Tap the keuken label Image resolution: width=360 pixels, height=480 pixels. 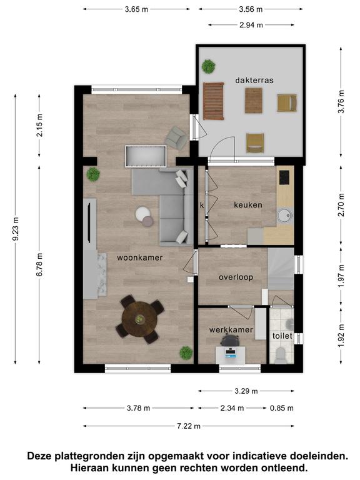click(248, 205)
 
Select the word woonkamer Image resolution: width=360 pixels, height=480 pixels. click(139, 257)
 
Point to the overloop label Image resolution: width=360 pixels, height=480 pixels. click(236, 277)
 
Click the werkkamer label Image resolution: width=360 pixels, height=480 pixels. click(231, 330)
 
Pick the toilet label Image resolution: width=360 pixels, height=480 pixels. click(282, 336)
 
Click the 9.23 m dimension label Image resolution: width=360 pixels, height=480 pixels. click(16, 229)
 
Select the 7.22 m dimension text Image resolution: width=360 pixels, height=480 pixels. click(189, 426)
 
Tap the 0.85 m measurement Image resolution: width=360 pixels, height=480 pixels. click(282, 408)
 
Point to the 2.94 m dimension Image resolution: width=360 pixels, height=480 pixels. click(251, 25)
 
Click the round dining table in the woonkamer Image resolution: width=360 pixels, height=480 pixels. click(139, 319)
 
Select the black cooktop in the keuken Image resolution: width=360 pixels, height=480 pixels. click(284, 177)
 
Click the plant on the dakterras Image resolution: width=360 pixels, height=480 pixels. click(209, 66)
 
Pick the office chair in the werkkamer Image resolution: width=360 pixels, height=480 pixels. click(229, 341)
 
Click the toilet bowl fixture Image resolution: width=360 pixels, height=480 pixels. click(281, 356)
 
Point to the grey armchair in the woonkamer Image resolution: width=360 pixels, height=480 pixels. click(176, 137)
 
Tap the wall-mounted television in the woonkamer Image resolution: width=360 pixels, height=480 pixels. click(89, 223)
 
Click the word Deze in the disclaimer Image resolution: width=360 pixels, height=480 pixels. click(39, 456)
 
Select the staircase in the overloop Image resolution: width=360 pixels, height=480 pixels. click(281, 268)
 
